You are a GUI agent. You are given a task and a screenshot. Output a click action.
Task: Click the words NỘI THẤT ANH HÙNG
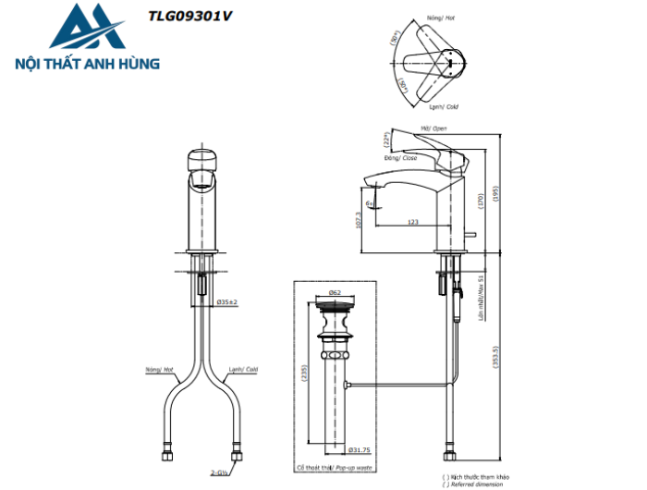pyautogui.click(x=89, y=64)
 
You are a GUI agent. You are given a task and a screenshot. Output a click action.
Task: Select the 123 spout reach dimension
pyautogui.click(x=412, y=222)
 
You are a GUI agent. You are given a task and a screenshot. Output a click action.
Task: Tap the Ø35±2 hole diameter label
pyautogui.click(x=227, y=302)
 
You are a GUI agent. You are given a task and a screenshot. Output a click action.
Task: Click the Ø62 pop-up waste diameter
pyautogui.click(x=335, y=292)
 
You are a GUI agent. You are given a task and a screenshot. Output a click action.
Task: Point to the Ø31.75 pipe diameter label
pyautogui.click(x=360, y=451)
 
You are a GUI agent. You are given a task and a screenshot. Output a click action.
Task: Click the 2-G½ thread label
pyautogui.click(x=219, y=472)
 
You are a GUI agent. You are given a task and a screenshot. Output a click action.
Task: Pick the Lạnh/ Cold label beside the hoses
pyautogui.click(x=242, y=369)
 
